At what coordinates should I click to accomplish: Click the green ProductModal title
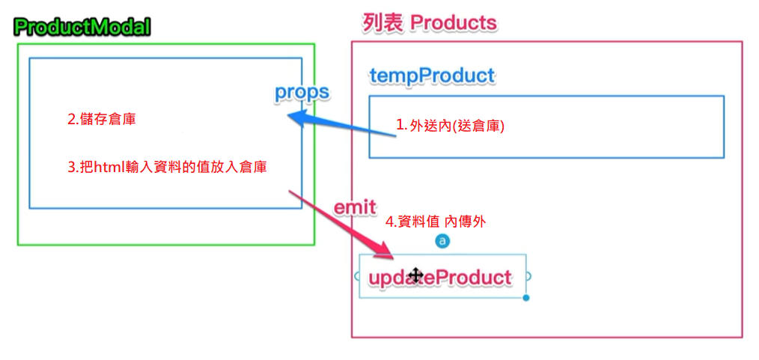click(x=82, y=28)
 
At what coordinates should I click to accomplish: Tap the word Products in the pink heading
click(x=454, y=22)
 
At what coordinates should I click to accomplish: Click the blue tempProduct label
click(x=432, y=76)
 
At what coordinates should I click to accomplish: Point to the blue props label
click(x=302, y=92)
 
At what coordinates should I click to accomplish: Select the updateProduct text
click(x=440, y=278)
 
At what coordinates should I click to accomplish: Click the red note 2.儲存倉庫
click(x=102, y=119)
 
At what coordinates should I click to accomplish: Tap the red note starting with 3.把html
click(x=168, y=168)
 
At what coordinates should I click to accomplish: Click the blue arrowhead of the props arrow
click(x=293, y=118)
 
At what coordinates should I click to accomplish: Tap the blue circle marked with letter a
click(x=442, y=241)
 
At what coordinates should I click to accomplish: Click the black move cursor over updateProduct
click(x=415, y=275)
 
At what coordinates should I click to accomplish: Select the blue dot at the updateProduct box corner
click(x=526, y=298)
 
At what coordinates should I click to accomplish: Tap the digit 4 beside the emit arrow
click(x=388, y=222)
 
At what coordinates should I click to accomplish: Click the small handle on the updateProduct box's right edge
click(x=528, y=276)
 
